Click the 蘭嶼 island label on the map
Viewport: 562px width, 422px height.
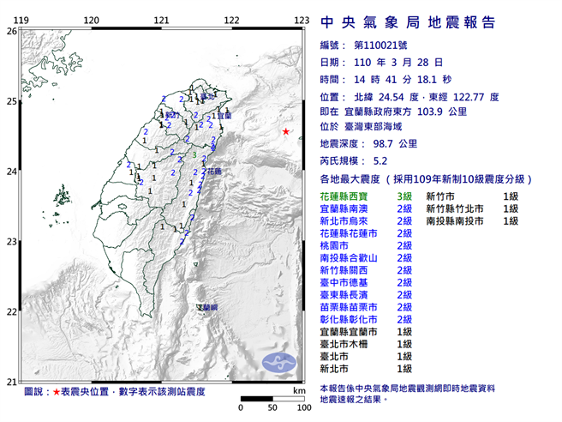[207, 306]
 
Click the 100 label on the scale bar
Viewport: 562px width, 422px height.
[302, 407]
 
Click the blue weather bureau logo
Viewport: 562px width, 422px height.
[278, 361]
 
